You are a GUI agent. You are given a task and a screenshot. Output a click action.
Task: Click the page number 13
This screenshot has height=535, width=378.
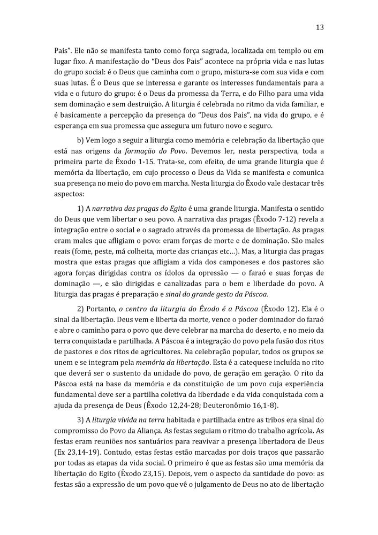pos(320,27)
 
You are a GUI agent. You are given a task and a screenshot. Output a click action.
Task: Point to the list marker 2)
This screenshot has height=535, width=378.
pos(82,310)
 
